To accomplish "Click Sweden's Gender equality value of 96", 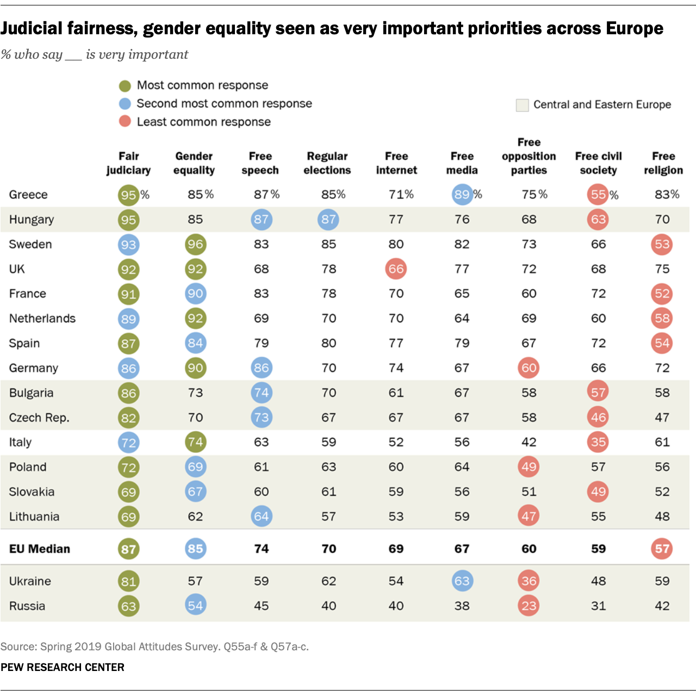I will point(195,244).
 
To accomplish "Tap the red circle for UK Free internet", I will point(396,269).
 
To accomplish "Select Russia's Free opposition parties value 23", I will point(529,606).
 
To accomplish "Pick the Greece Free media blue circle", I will point(462,195).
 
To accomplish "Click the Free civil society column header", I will point(598,163).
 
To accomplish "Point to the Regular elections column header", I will point(327,163).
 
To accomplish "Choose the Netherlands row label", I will point(42,319).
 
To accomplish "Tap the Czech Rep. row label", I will point(39,418).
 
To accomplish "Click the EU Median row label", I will point(40,549).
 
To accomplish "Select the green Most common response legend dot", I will point(125,86).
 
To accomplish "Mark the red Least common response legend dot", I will point(125,122).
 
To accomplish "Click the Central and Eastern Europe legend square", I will point(522,105).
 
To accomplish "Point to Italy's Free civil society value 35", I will point(598,442).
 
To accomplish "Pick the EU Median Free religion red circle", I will point(662,549).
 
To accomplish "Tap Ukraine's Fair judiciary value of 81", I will point(128,581).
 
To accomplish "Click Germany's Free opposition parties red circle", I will point(529,368).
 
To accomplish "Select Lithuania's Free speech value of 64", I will point(262,517).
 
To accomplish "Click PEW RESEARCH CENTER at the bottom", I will point(63,667).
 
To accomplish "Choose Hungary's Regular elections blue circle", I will point(328,220).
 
